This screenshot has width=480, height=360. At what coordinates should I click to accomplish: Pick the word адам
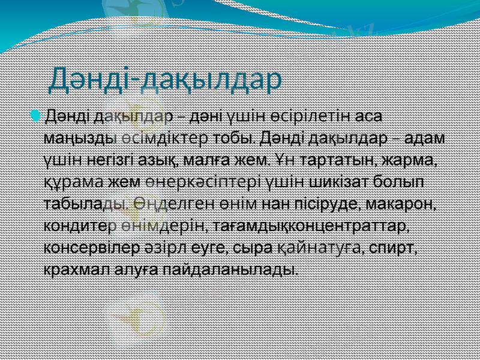(425, 137)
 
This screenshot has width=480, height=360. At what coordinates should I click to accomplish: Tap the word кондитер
(79, 226)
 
